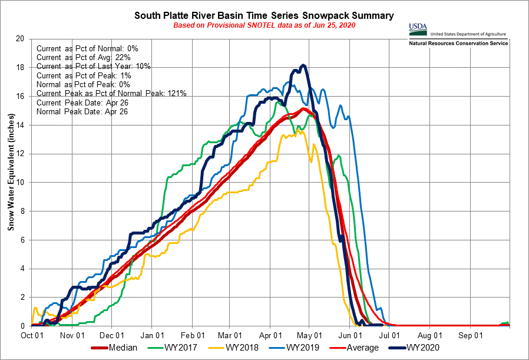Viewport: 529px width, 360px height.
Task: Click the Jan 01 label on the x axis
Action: coord(152,334)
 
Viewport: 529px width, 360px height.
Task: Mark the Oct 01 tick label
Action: coord(31,334)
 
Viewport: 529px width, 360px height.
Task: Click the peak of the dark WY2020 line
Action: coord(303,65)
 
